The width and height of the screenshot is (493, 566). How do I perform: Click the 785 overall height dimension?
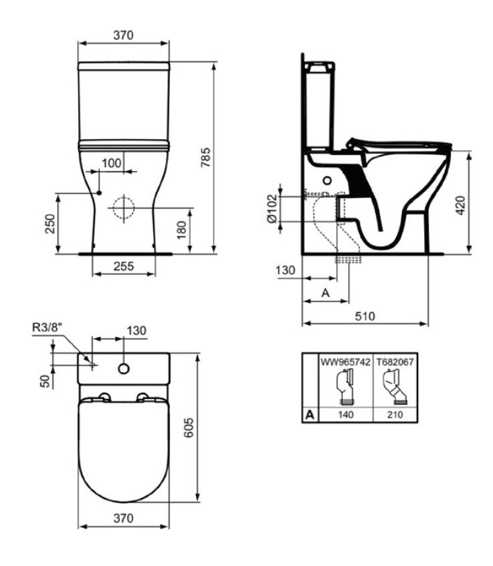tap(205, 157)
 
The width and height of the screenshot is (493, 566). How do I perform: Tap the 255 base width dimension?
tap(124, 266)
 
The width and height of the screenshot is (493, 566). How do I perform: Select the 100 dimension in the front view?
tap(112, 163)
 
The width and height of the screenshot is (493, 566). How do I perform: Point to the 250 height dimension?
tap(51, 224)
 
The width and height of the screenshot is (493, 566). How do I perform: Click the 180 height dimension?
tap(181, 230)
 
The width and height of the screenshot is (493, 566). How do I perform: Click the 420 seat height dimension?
tap(460, 205)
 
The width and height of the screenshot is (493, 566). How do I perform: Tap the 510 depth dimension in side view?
tap(365, 316)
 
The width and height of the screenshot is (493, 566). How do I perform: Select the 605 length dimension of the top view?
tap(189, 428)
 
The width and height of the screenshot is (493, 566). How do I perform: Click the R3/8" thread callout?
tap(47, 327)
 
